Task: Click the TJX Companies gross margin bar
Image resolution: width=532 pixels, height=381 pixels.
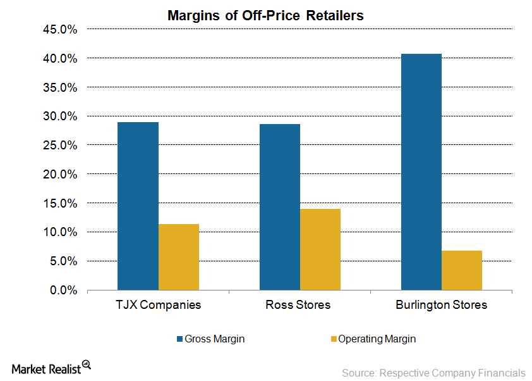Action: click(x=138, y=206)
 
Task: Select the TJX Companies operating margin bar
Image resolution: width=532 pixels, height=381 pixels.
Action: click(x=179, y=257)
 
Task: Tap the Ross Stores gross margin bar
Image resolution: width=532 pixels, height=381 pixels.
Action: click(x=279, y=207)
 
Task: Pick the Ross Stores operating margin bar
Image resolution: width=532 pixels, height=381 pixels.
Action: click(x=320, y=249)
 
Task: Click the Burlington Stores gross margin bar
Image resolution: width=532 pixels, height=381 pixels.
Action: click(x=421, y=172)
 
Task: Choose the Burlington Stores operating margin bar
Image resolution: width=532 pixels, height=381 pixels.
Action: click(x=462, y=270)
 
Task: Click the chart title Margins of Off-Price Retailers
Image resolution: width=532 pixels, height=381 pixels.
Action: click(x=265, y=15)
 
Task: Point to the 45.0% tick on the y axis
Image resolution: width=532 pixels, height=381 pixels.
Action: click(x=59, y=29)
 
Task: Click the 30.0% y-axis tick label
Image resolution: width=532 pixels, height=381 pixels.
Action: click(x=59, y=116)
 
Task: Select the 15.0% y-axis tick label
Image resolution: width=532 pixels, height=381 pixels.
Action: click(x=59, y=203)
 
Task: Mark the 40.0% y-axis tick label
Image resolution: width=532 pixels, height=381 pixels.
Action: click(x=59, y=58)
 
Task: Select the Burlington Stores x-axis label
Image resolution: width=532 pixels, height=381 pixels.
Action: click(x=442, y=305)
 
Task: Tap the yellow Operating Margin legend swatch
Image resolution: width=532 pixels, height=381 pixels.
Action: click(x=333, y=339)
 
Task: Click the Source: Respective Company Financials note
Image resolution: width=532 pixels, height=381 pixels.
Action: click(x=433, y=373)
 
